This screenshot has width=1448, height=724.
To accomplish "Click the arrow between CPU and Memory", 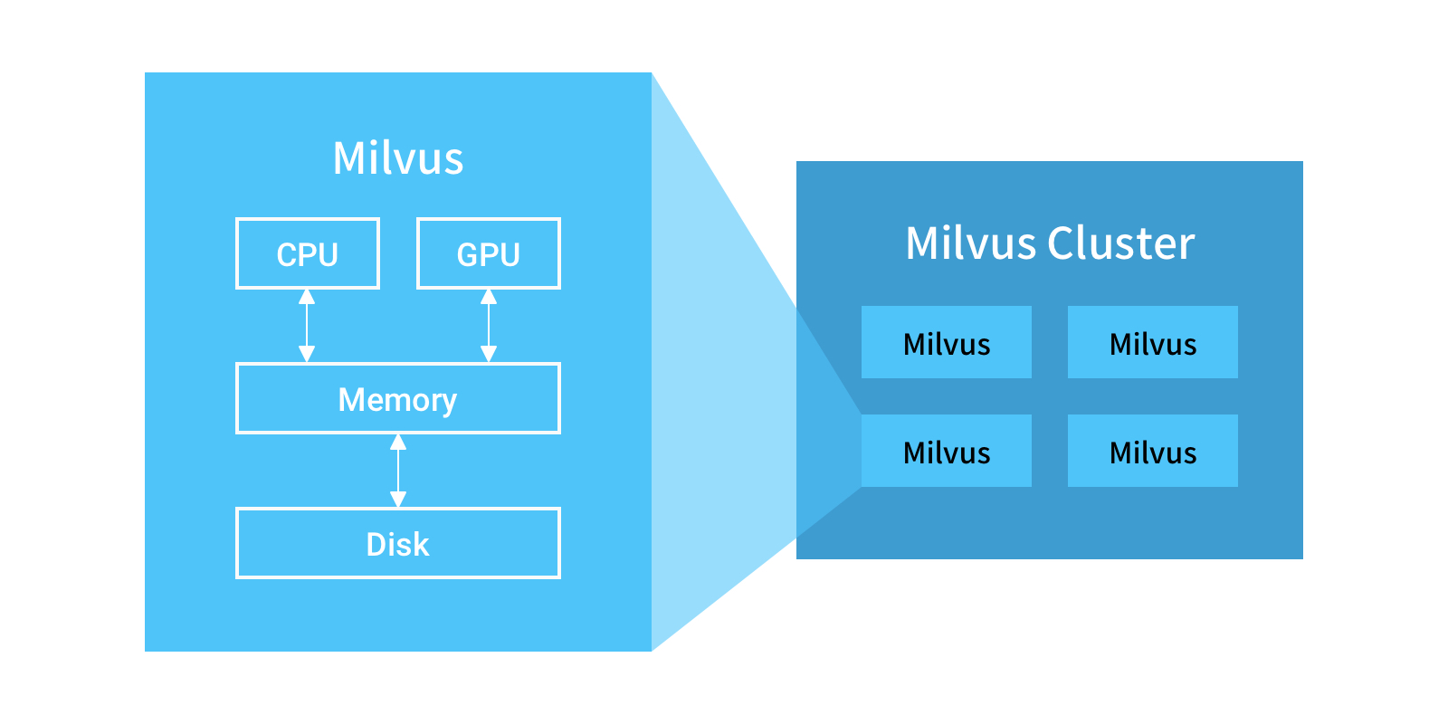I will pyautogui.click(x=307, y=326).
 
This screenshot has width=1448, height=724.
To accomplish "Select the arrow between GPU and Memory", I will pyautogui.click(x=489, y=326).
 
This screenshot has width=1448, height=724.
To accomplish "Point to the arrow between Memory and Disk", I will pyautogui.click(x=398, y=471).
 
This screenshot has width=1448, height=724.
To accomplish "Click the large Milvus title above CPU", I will pyautogui.click(x=398, y=158).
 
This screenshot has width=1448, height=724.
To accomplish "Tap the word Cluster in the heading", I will pyautogui.click(x=1120, y=243).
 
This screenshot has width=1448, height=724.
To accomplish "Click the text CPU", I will pyautogui.click(x=308, y=255).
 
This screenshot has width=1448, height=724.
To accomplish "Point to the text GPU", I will pyautogui.click(x=489, y=255).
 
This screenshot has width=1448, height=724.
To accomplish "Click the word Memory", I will pyautogui.click(x=397, y=400).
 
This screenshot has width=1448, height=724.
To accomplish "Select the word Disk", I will pyautogui.click(x=397, y=545).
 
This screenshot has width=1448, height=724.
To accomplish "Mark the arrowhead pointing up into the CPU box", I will pyautogui.click(x=307, y=297).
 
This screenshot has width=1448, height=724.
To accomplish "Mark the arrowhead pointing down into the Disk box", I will pyautogui.click(x=398, y=499).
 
